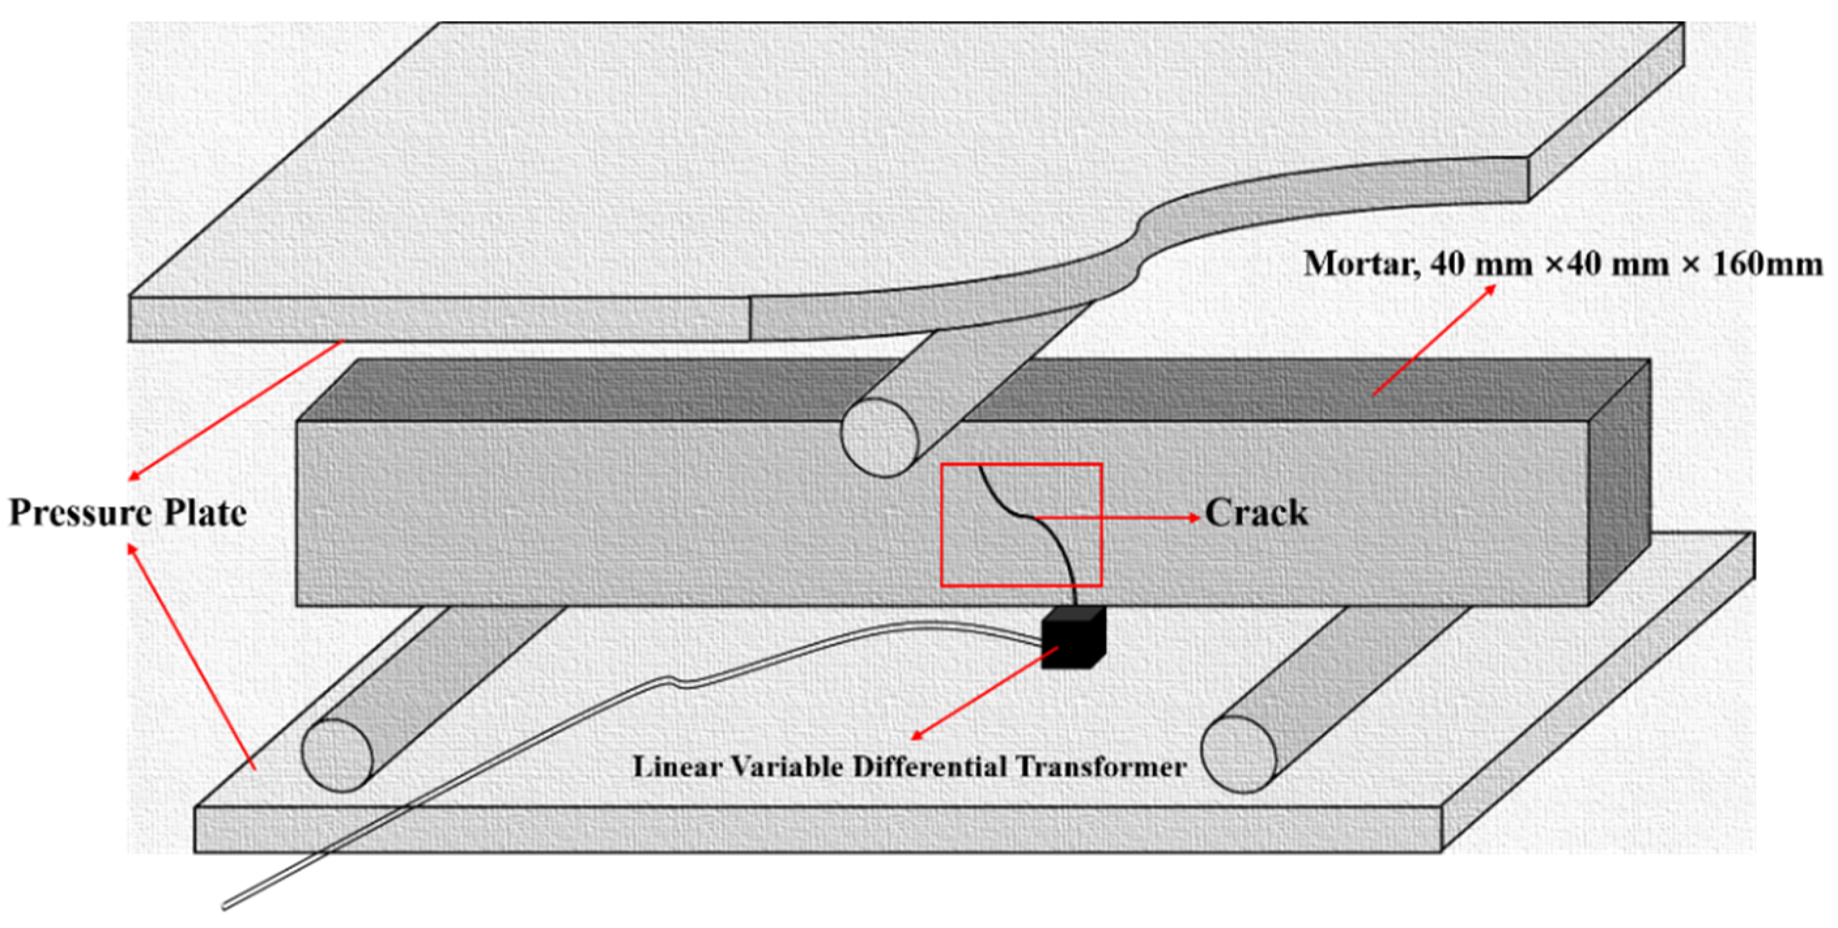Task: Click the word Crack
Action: tap(1256, 513)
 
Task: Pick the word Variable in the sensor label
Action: tap(784, 767)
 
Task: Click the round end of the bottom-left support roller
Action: tap(337, 755)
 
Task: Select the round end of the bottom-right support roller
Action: tap(1239, 754)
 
